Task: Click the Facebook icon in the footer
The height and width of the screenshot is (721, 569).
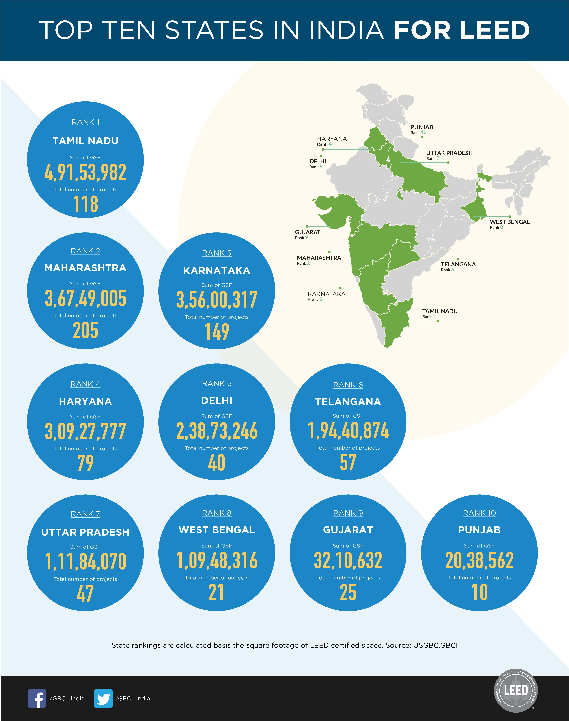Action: pyautogui.click(x=37, y=698)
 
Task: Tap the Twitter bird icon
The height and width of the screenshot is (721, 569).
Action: pyautogui.click(x=103, y=698)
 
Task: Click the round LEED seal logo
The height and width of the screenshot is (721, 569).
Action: pyautogui.click(x=516, y=691)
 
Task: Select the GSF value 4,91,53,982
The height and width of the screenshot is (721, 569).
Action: pyautogui.click(x=85, y=172)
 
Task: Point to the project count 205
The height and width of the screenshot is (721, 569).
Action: pyautogui.click(x=85, y=331)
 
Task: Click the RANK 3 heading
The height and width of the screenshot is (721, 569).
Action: pyautogui.click(x=217, y=253)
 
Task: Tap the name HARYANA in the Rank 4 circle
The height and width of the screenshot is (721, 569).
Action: pyautogui.click(x=85, y=401)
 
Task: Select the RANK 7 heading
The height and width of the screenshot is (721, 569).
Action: pyautogui.click(x=85, y=514)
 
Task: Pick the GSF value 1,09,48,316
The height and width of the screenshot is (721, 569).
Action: pyautogui.click(x=217, y=561)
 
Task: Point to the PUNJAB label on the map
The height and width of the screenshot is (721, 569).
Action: pyautogui.click(x=421, y=127)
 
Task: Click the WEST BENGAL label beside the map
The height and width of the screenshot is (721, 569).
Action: pyautogui.click(x=509, y=222)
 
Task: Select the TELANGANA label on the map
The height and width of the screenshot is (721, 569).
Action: pyautogui.click(x=458, y=264)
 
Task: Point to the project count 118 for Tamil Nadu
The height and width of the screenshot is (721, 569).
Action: pyautogui.click(x=85, y=204)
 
